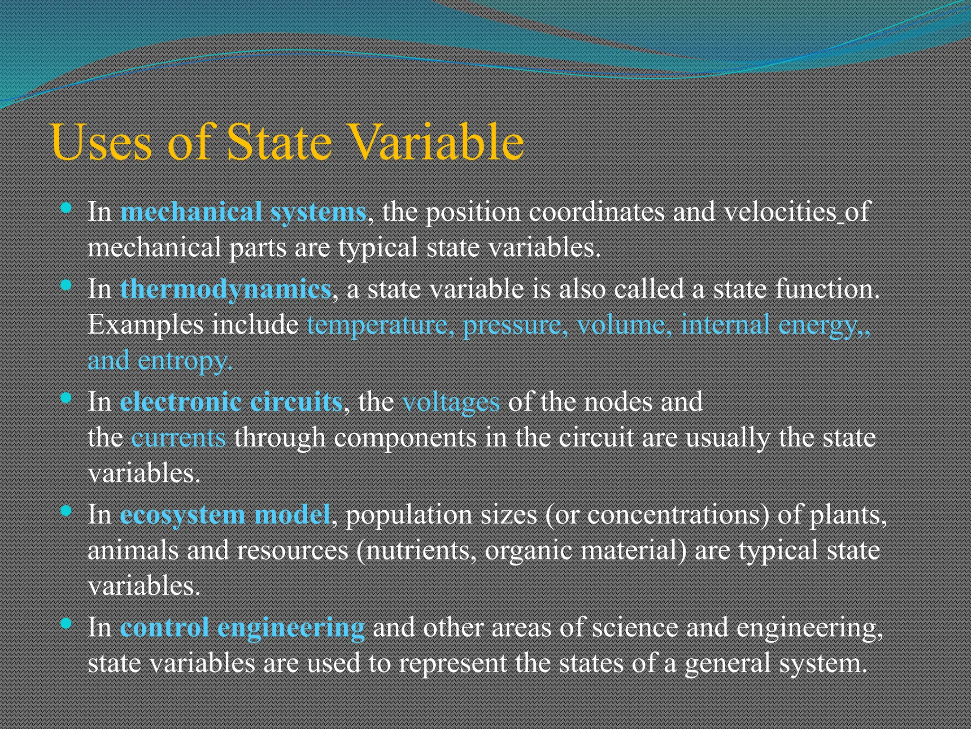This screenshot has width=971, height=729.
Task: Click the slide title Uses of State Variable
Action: pyautogui.click(x=287, y=142)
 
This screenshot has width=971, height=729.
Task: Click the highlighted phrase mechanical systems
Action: pyautogui.click(x=243, y=212)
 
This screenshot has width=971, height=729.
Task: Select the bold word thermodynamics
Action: pyautogui.click(x=226, y=289)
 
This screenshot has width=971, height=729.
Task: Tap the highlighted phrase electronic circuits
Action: pyautogui.click(x=231, y=402)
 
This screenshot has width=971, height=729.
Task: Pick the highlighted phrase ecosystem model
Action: pyautogui.click(x=225, y=514)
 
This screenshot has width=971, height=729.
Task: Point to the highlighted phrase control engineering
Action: pyautogui.click(x=242, y=627)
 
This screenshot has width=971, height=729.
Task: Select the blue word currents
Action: pyautogui.click(x=178, y=437)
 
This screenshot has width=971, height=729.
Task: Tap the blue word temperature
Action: pyautogui.click(x=377, y=325)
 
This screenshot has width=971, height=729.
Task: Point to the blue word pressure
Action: pyautogui.click(x=512, y=326)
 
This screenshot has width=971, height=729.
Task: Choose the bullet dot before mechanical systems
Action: pyautogui.click(x=66, y=208)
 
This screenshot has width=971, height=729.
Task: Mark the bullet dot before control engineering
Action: pyautogui.click(x=66, y=623)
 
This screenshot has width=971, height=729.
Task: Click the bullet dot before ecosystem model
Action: pyautogui.click(x=66, y=511)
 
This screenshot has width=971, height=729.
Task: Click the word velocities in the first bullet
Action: pyautogui.click(x=780, y=211)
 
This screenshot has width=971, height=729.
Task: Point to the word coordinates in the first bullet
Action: pyautogui.click(x=596, y=211)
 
